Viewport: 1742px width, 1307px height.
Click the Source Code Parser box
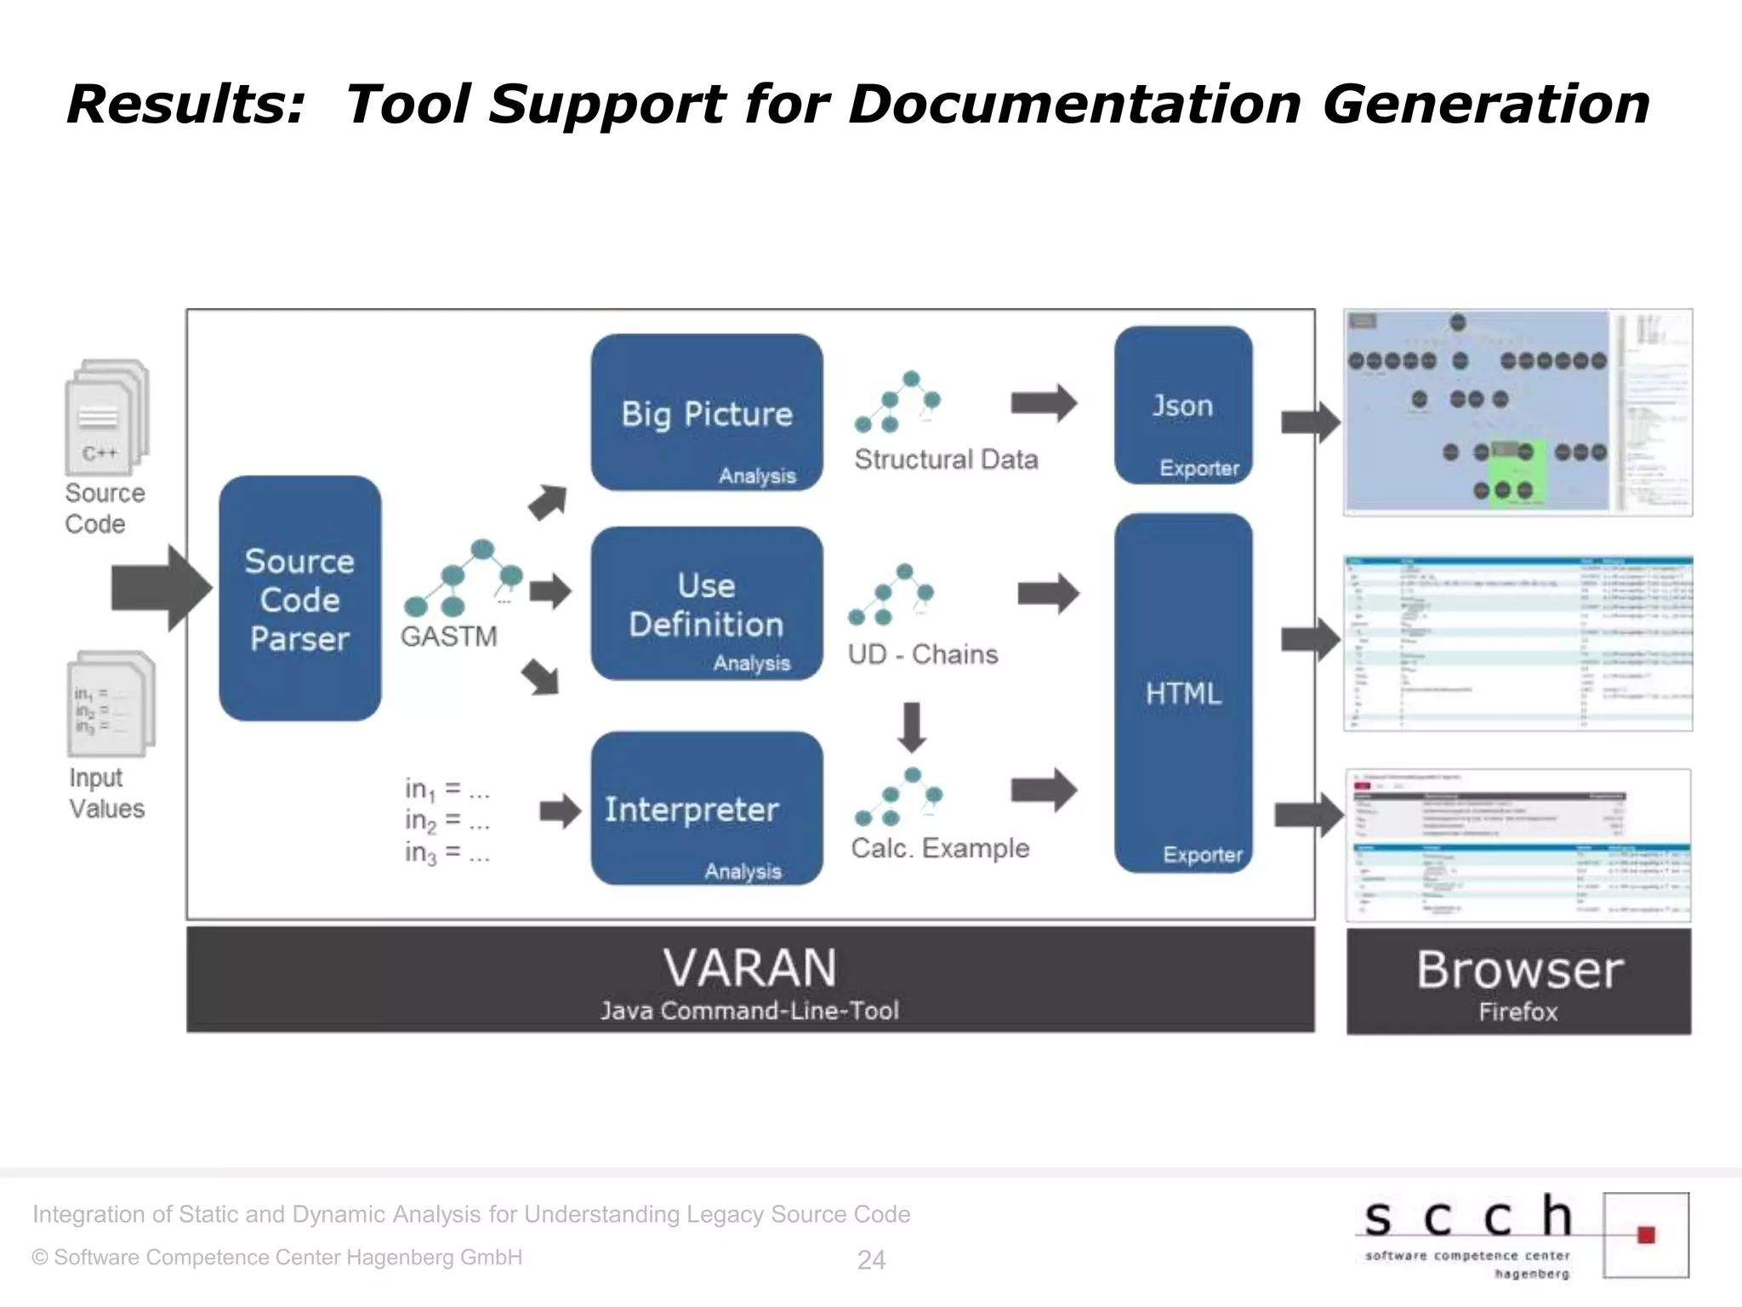coord(299,598)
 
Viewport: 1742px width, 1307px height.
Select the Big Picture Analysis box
coord(706,413)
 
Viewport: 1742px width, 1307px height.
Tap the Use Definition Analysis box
coord(706,604)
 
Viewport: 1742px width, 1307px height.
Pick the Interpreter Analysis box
coord(706,808)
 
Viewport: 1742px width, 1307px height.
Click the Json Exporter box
coord(1183,406)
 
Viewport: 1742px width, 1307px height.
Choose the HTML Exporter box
coord(1183,693)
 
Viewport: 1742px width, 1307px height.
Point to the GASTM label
coord(448,636)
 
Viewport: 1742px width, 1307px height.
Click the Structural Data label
coord(946,459)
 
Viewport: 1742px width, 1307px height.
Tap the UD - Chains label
coord(923,654)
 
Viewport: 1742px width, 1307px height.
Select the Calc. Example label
coord(940,848)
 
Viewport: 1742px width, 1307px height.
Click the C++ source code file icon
coord(105,417)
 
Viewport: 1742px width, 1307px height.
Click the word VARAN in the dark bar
coord(749,968)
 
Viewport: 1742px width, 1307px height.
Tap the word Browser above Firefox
coord(1519,970)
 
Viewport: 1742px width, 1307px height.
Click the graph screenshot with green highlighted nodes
coord(1476,413)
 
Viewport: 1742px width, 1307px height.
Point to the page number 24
coord(871,1260)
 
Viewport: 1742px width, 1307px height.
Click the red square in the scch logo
coord(1646,1235)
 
